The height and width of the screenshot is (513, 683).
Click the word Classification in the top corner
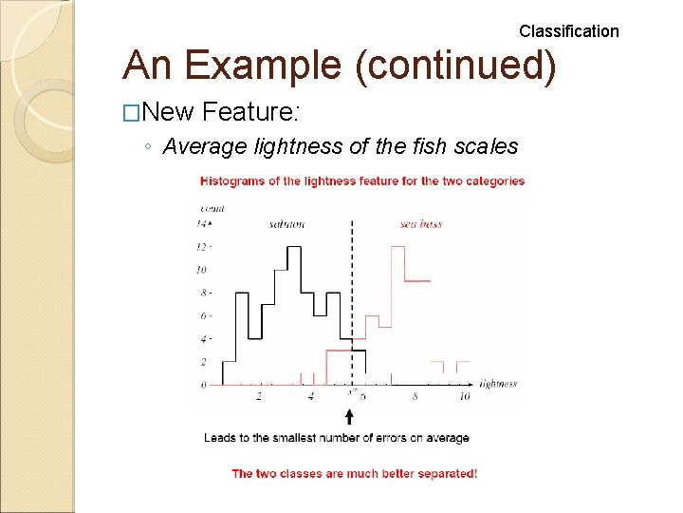click(568, 31)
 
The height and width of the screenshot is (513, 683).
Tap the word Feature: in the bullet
click(250, 113)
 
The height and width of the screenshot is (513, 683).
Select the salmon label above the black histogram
click(286, 224)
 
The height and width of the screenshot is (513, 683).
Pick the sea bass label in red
click(420, 224)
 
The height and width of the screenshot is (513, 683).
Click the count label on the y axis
click(212, 208)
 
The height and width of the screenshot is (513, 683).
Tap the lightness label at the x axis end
click(498, 384)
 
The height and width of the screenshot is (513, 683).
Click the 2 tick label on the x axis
click(259, 397)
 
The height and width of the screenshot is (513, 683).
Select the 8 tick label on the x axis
click(415, 397)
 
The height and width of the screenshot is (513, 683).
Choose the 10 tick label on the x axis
click(465, 397)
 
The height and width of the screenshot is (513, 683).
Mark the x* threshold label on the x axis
click(352, 392)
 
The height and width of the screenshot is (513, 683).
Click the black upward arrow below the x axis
click(349, 416)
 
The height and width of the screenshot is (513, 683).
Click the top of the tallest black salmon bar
click(294, 247)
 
